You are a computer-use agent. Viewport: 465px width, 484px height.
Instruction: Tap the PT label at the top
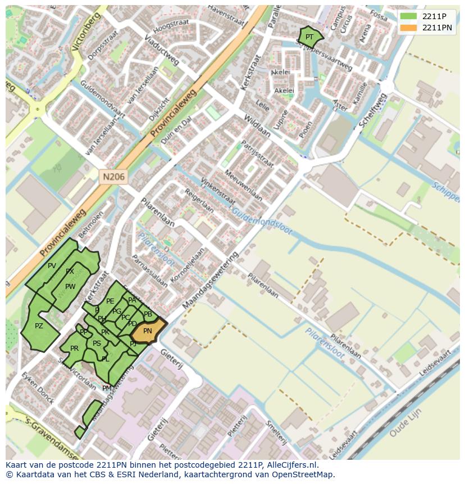click(x=309, y=37)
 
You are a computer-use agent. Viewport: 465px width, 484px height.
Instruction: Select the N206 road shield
click(x=114, y=177)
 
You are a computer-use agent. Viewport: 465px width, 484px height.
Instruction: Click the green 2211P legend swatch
click(x=408, y=16)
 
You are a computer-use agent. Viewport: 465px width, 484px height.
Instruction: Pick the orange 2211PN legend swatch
click(x=408, y=28)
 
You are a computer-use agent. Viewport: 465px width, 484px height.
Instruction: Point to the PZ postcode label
click(x=39, y=326)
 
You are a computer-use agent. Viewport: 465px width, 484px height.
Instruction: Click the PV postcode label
click(x=52, y=266)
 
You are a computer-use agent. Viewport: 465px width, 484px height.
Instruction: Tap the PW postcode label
click(x=70, y=287)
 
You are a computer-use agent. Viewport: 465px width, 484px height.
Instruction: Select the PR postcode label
click(x=74, y=349)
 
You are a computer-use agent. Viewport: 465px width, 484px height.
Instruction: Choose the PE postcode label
click(x=110, y=302)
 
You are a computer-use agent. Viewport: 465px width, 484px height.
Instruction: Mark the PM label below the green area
click(x=107, y=388)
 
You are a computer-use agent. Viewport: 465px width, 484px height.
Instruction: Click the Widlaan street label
click(x=257, y=126)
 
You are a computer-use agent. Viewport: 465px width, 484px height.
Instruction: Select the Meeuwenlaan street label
click(x=243, y=186)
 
